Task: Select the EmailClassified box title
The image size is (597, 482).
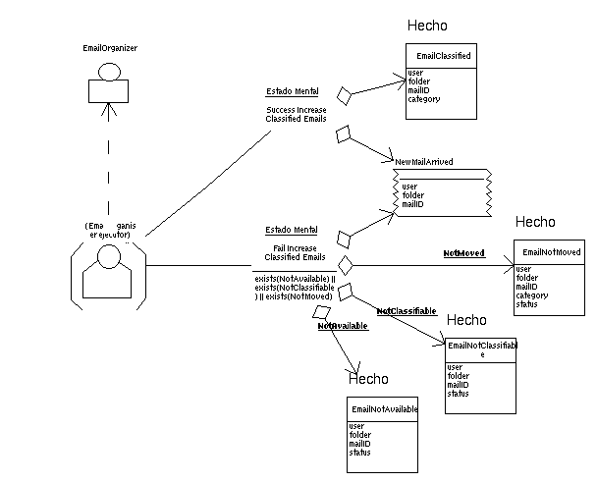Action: click(x=444, y=56)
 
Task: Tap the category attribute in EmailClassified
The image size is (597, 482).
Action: click(x=423, y=99)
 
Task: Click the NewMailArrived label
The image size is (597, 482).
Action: click(x=423, y=162)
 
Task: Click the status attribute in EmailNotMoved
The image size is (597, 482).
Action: click(x=526, y=304)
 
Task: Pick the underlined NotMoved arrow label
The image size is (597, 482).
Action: click(x=464, y=253)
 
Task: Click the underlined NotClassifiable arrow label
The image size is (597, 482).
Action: click(x=407, y=311)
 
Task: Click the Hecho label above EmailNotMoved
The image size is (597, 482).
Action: click(x=534, y=223)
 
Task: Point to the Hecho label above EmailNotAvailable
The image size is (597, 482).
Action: click(x=369, y=379)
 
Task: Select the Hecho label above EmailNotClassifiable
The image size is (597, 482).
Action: click(x=466, y=321)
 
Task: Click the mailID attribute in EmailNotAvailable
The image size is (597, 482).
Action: click(x=359, y=444)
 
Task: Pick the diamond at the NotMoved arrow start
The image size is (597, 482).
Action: click(x=345, y=265)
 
